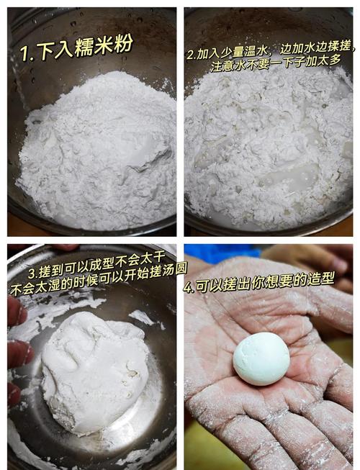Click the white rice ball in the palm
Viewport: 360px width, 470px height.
(x=261, y=358)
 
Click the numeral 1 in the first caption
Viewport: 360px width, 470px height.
(x=24, y=53)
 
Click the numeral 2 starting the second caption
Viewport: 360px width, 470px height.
(x=191, y=55)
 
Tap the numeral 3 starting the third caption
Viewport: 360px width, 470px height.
(x=32, y=274)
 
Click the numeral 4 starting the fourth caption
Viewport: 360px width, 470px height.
(x=188, y=288)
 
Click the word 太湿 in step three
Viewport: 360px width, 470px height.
(x=50, y=285)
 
